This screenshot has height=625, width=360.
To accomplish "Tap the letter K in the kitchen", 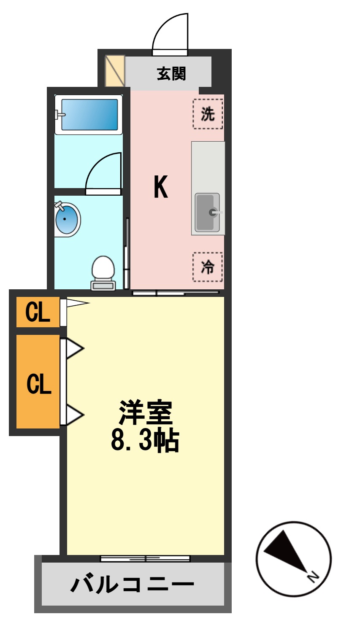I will [x=161, y=187].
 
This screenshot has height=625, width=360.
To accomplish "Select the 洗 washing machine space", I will [x=208, y=114].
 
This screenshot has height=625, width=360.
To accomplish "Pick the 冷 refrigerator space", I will [x=208, y=267].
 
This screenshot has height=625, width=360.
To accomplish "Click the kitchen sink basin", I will [x=207, y=212].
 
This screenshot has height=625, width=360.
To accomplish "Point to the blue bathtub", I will [x=89, y=114].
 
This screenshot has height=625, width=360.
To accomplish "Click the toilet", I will [x=103, y=272].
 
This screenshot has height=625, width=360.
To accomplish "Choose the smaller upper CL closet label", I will [x=38, y=312].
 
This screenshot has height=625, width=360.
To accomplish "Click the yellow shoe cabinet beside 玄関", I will [x=115, y=70].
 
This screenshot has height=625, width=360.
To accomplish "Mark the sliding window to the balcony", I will [x=145, y=559].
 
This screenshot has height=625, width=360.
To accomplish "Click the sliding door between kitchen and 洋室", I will [x=176, y=292].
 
